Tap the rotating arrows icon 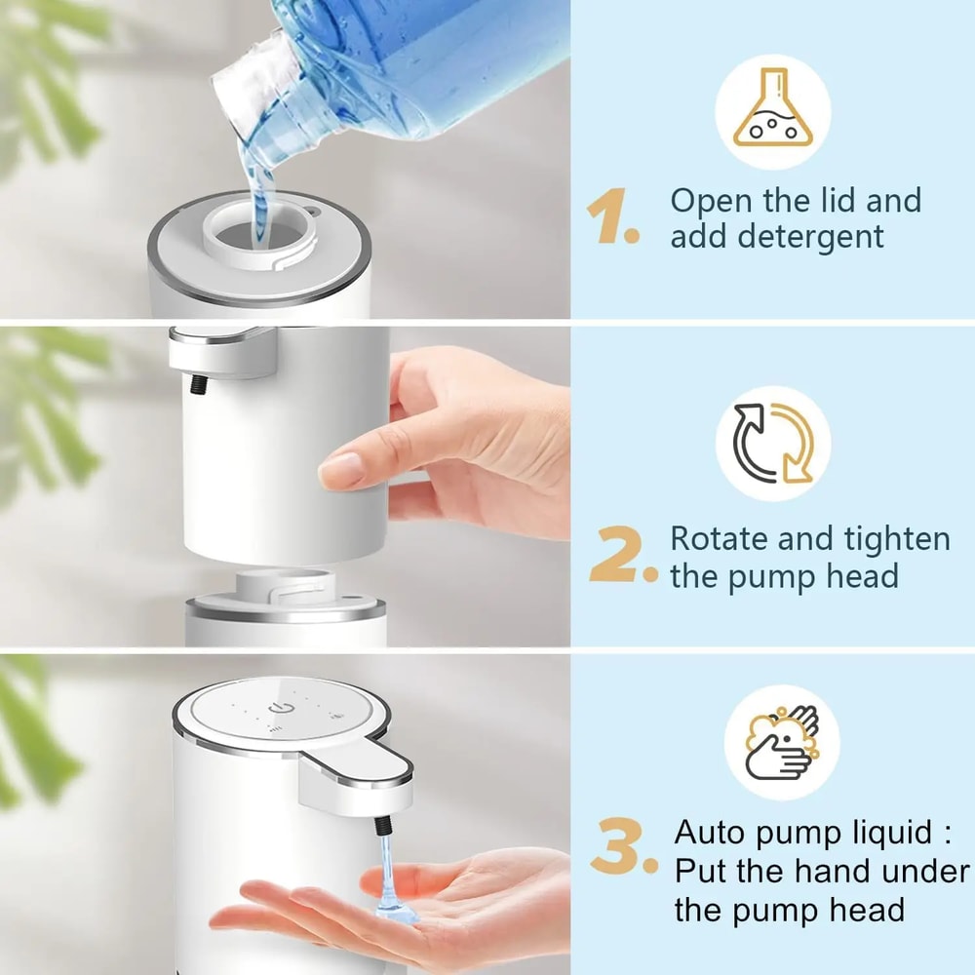tap(773, 444)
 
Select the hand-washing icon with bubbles tap(773, 743)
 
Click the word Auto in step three tap(716, 834)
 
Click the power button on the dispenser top tap(282, 707)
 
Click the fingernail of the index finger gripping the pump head tap(337, 472)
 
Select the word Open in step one tap(711, 201)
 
